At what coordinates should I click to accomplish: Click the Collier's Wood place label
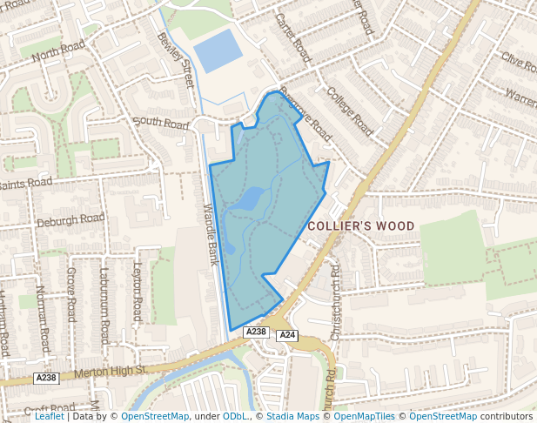361,226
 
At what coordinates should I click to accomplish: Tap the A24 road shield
288,336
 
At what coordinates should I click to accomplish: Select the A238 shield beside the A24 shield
256,332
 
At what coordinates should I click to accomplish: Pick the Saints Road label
26,184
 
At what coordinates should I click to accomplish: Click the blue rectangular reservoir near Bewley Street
218,51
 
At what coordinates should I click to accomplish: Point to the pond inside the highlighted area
250,199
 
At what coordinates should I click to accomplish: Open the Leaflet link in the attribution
49,416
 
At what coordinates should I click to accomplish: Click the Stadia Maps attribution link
292,416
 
